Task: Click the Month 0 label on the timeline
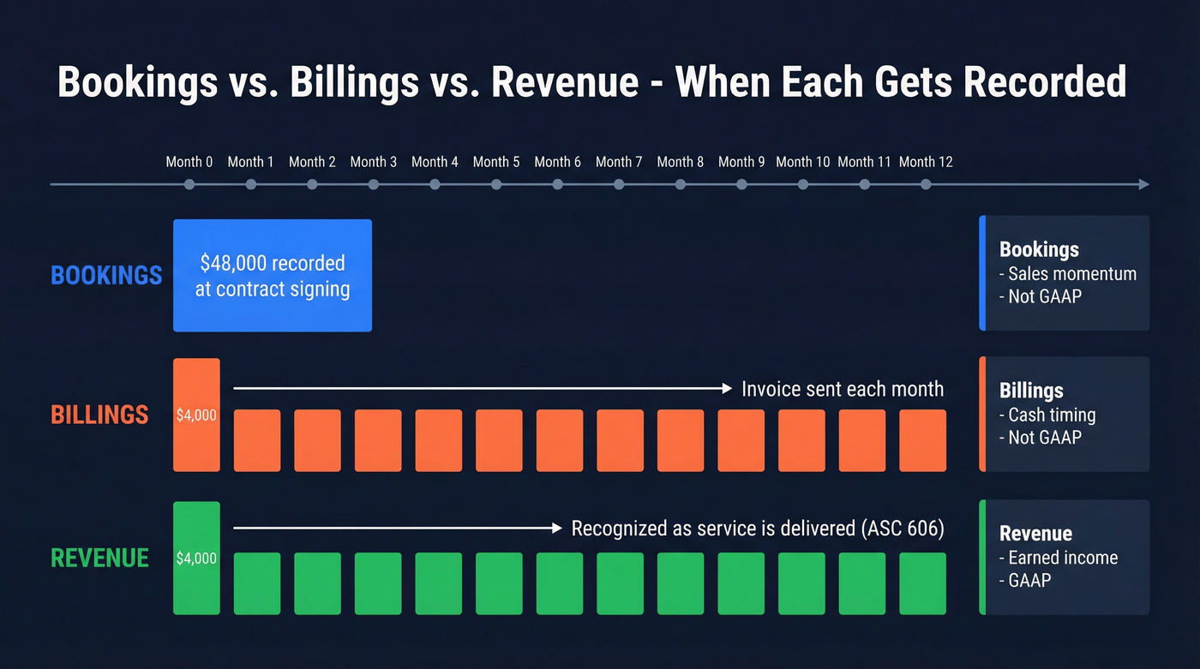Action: (189, 162)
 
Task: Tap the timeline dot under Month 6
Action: (558, 184)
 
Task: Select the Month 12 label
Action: (926, 162)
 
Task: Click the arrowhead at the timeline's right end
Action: (1143, 184)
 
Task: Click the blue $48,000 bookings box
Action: (273, 276)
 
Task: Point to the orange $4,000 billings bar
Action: (196, 415)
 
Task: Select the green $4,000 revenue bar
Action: (196, 558)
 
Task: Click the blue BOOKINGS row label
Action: (106, 275)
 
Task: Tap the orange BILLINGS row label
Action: (100, 415)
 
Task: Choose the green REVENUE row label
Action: (100, 558)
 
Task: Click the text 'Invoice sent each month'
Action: (843, 389)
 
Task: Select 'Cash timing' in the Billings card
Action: (1052, 415)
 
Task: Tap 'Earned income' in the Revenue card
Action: (1063, 558)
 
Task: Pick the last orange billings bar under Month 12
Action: (922, 440)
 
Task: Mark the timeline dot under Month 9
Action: (741, 184)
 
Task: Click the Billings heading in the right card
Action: (1031, 391)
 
